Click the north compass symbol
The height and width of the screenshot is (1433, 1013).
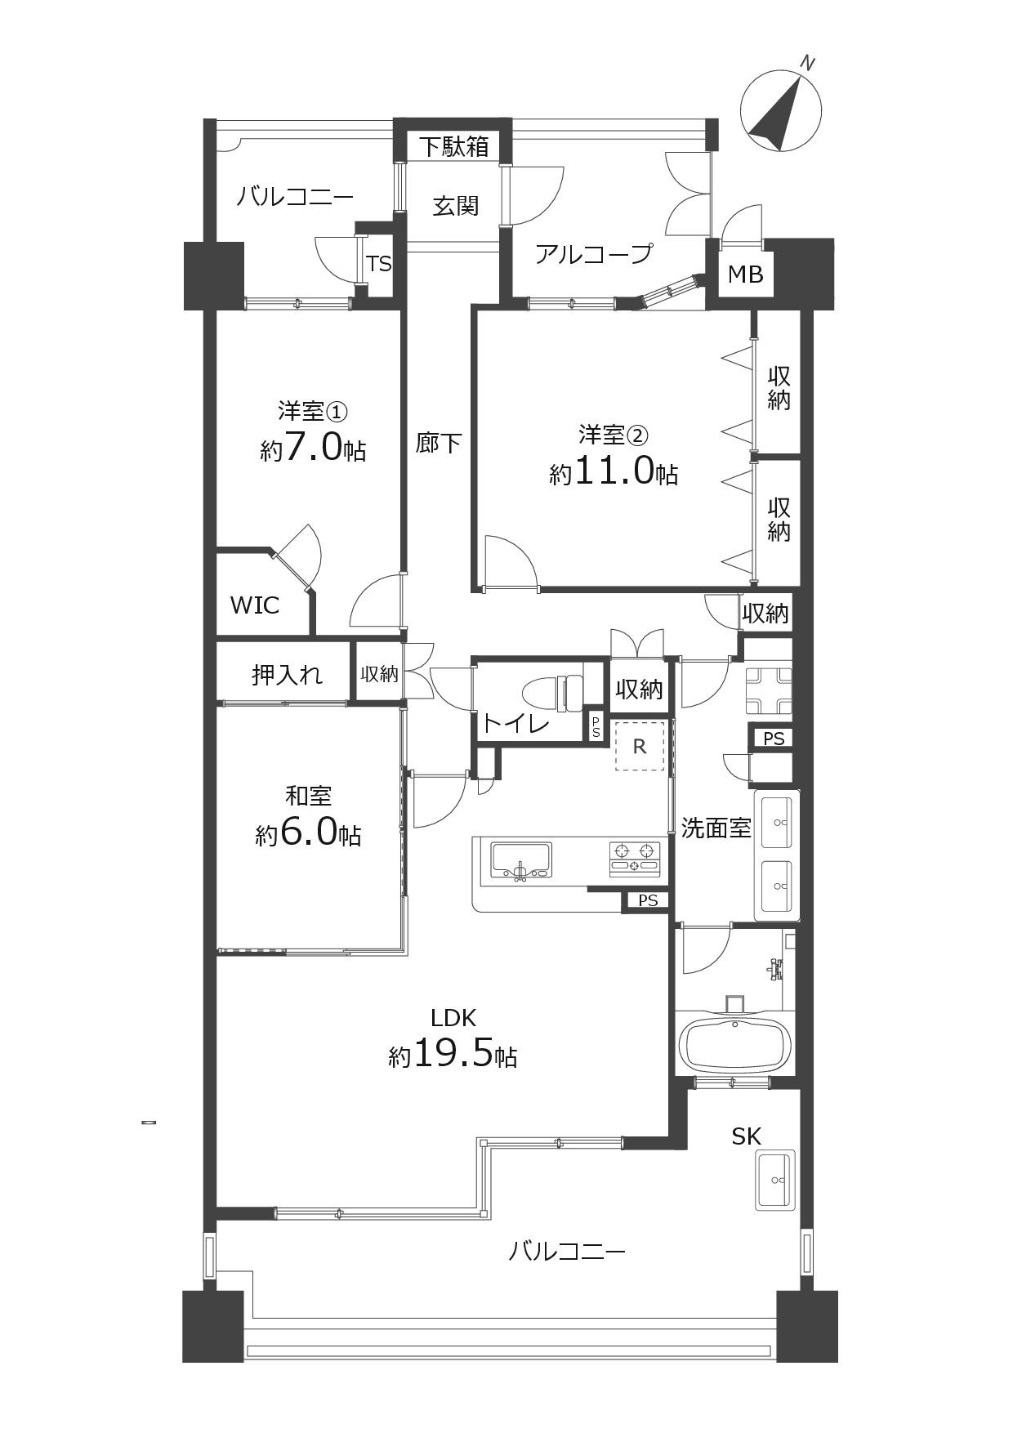tap(780, 109)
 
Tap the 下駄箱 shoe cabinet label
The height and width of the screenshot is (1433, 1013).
tap(454, 146)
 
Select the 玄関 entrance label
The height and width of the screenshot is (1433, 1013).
tap(455, 205)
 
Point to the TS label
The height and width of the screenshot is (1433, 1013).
tap(379, 264)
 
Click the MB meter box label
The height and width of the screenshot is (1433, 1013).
tap(745, 275)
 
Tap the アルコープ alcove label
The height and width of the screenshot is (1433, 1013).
tap(594, 253)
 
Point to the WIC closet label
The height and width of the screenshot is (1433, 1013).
tap(254, 605)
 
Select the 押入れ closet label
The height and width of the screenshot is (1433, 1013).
tap(287, 675)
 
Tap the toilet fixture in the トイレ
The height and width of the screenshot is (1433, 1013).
tap(555, 691)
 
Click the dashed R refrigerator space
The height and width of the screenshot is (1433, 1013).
tap(640, 746)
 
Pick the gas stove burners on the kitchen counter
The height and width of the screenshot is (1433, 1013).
tap(634, 856)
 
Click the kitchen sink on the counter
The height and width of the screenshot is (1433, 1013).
tap(521, 861)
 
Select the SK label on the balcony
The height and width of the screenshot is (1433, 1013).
tap(746, 1136)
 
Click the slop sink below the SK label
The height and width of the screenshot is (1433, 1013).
tap(774, 1179)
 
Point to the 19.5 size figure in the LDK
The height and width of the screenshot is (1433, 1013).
tap(453, 1054)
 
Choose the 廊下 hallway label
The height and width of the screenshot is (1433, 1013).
tap(439, 443)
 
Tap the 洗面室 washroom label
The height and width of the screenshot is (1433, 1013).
tap(716, 828)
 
